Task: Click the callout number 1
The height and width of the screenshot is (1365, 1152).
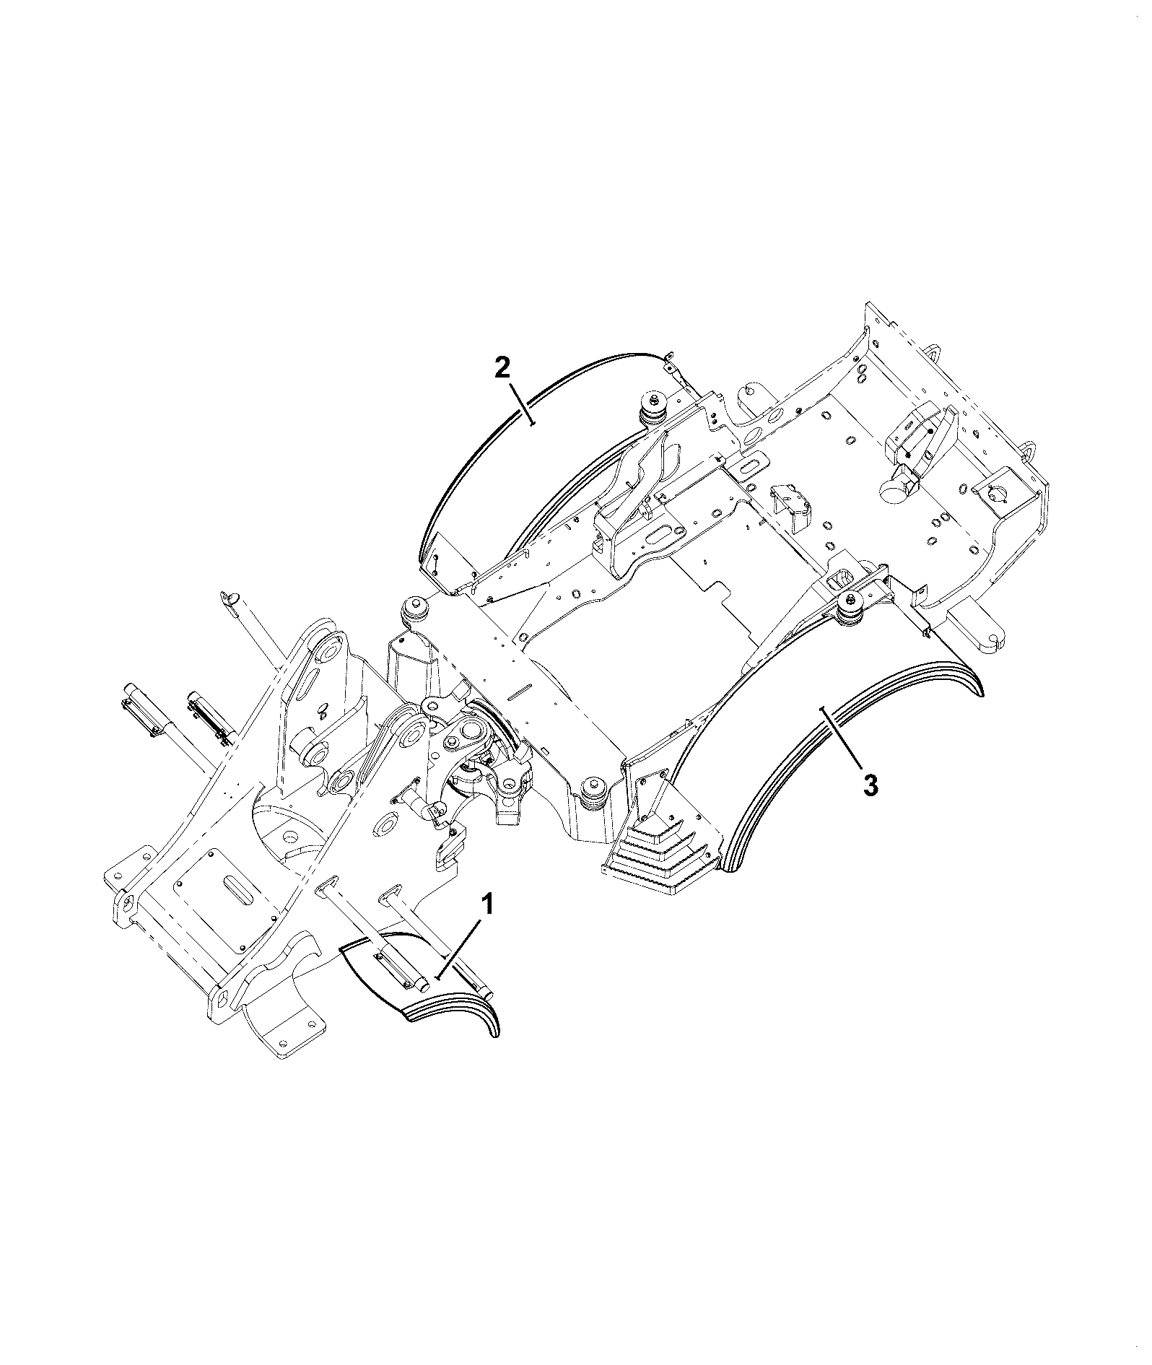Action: pos(489,904)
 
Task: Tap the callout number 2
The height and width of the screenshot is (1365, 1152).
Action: pos(502,368)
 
